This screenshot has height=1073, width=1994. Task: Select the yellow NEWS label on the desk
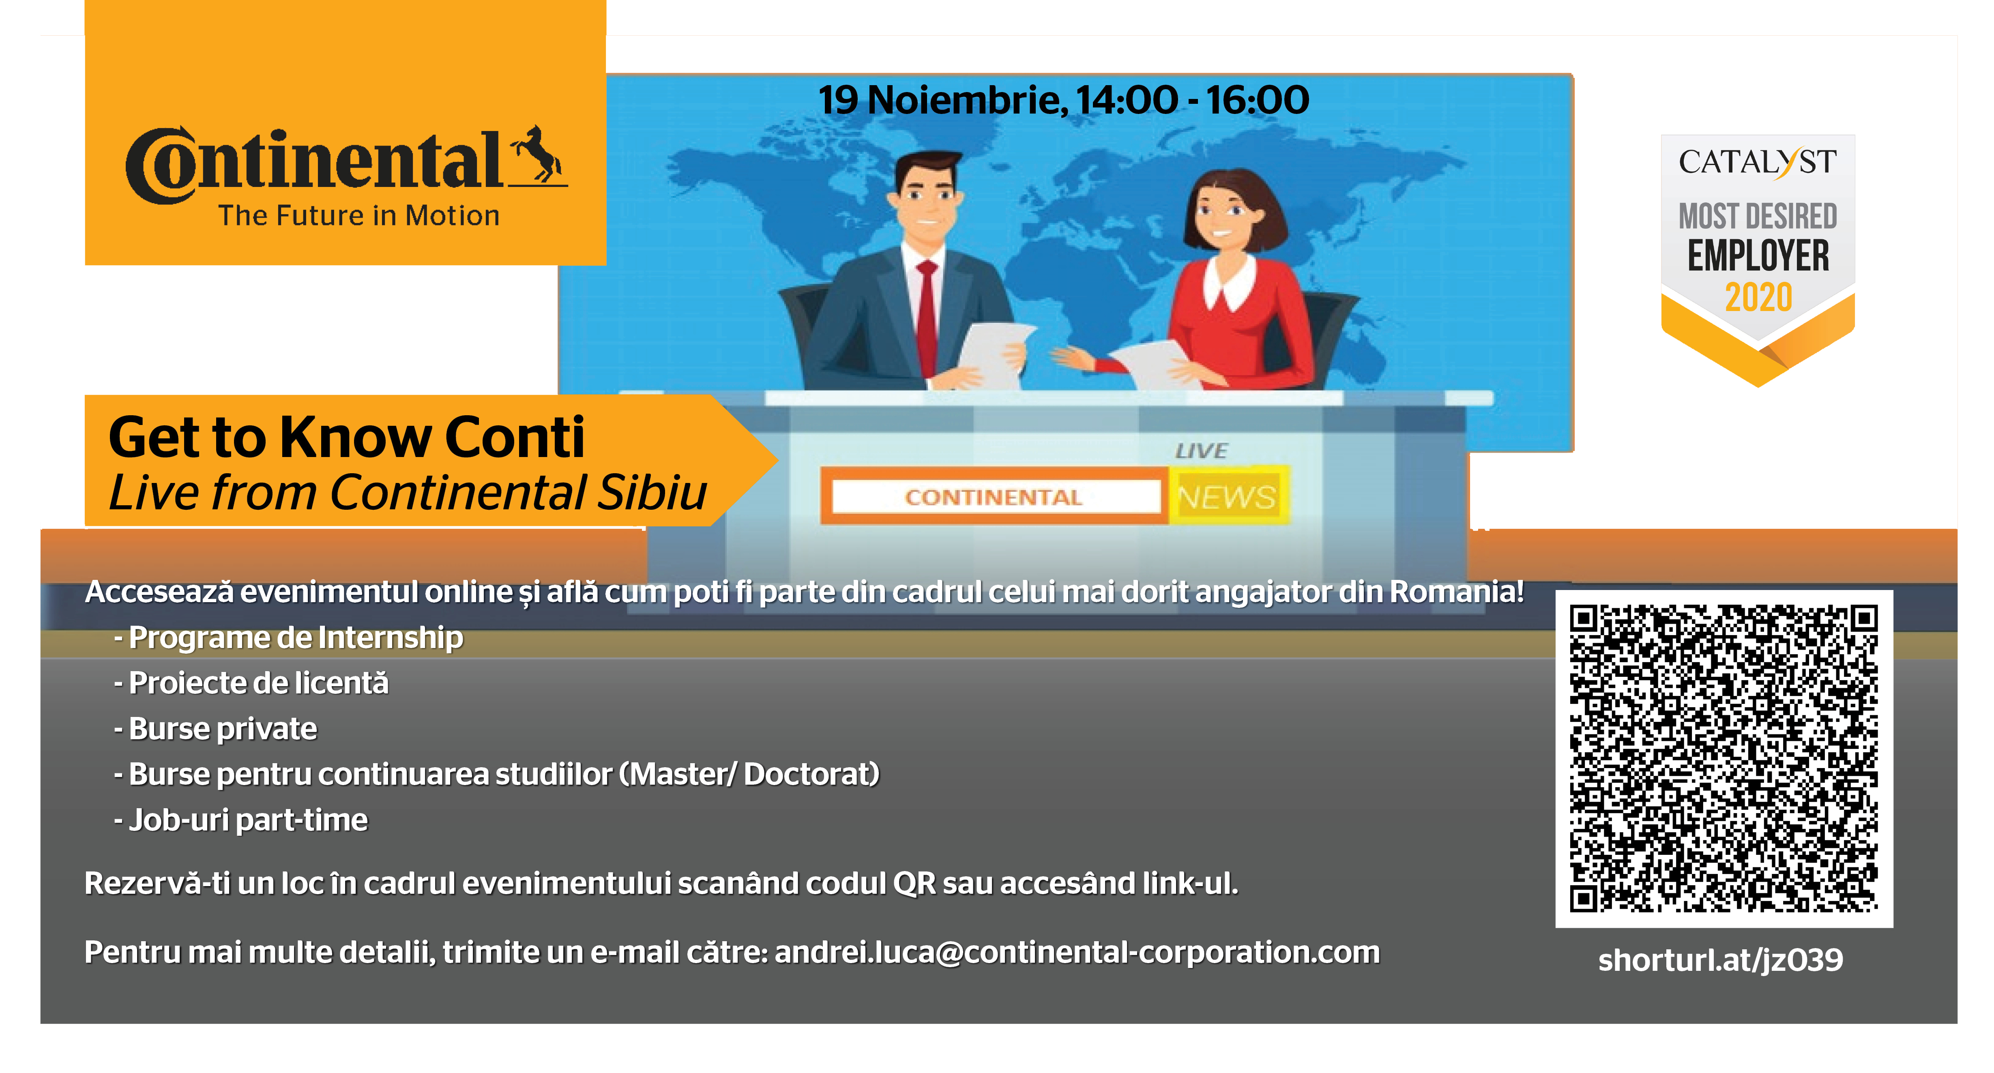click(1227, 496)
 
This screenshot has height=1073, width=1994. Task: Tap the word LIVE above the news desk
click(1201, 451)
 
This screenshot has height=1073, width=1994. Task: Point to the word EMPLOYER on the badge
click(1758, 256)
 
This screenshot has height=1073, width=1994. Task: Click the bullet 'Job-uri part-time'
click(241, 820)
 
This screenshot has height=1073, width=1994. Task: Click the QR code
click(1724, 759)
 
